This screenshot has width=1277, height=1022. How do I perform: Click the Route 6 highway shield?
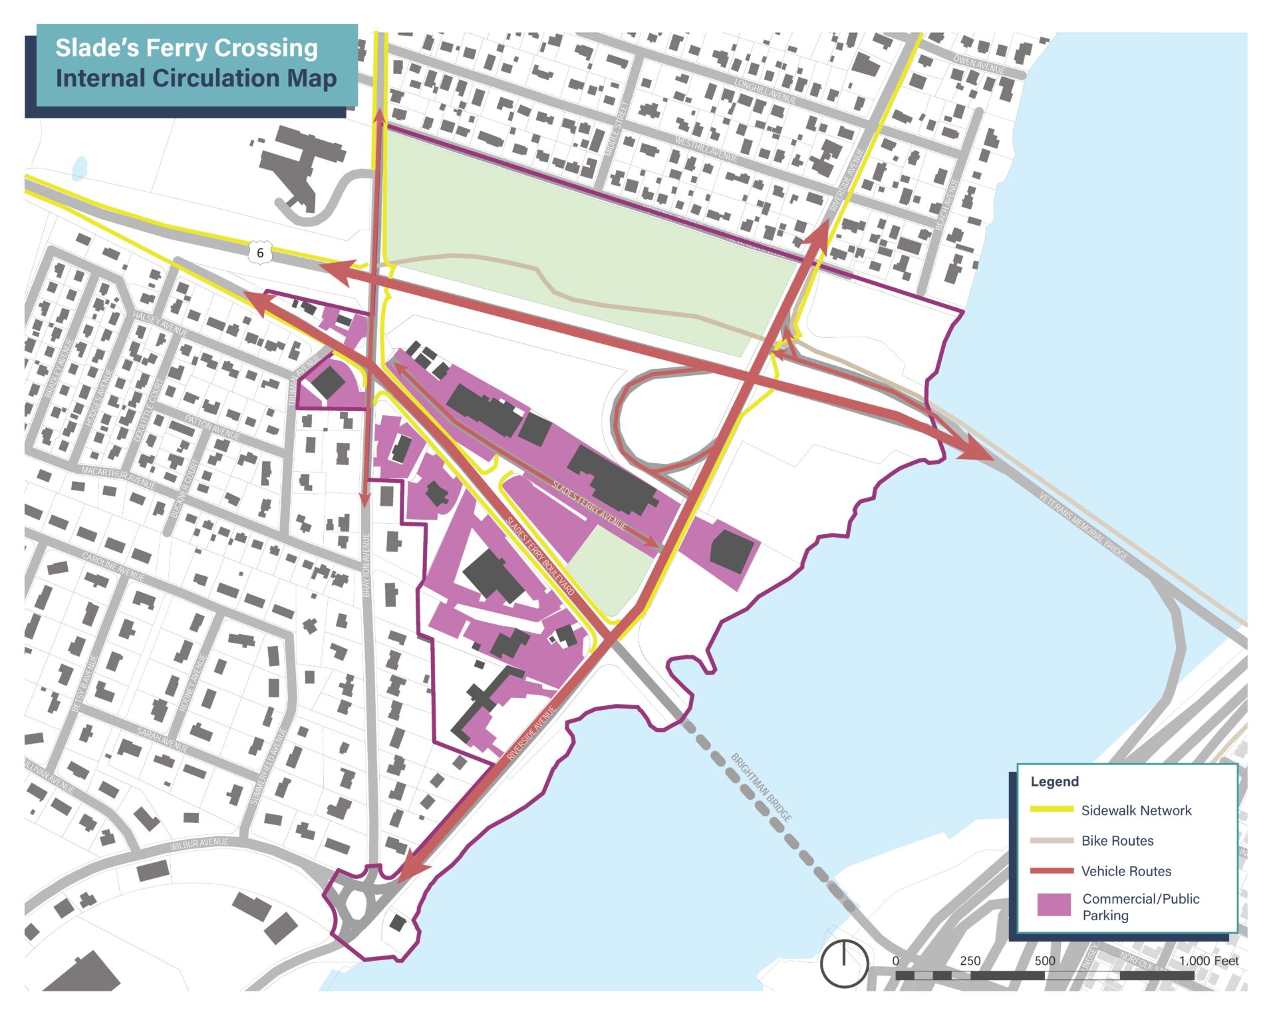point(260,253)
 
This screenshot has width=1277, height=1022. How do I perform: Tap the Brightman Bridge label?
point(762,787)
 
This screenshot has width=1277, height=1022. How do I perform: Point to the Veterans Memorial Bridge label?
point(1083,526)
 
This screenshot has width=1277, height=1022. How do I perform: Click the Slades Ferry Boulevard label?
point(540,556)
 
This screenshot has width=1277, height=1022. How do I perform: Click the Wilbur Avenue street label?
point(199,844)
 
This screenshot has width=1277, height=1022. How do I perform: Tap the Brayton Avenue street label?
point(366,564)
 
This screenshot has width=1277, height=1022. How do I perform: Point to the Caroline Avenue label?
point(113,566)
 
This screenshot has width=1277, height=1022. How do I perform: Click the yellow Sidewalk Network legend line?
point(1052,810)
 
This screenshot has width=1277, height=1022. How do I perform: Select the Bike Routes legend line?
point(1052,840)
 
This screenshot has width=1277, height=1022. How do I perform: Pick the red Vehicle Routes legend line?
point(1052,871)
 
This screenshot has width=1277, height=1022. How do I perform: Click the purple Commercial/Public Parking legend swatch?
point(1054,905)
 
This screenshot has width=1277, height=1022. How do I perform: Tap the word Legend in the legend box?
point(1054,781)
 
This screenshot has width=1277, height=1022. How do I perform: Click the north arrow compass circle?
point(844,963)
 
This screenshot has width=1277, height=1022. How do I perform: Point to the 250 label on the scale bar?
point(970,961)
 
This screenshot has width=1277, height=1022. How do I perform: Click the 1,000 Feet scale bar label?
point(1208,961)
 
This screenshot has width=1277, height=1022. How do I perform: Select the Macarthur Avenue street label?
point(118,478)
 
